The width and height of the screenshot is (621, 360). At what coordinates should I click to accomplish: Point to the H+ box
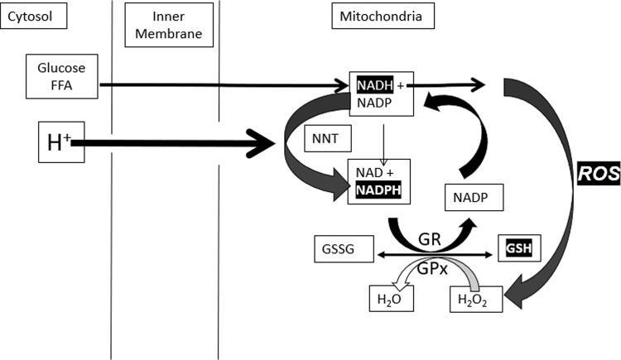[60, 142]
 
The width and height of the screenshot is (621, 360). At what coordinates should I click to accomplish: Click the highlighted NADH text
[370, 84]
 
